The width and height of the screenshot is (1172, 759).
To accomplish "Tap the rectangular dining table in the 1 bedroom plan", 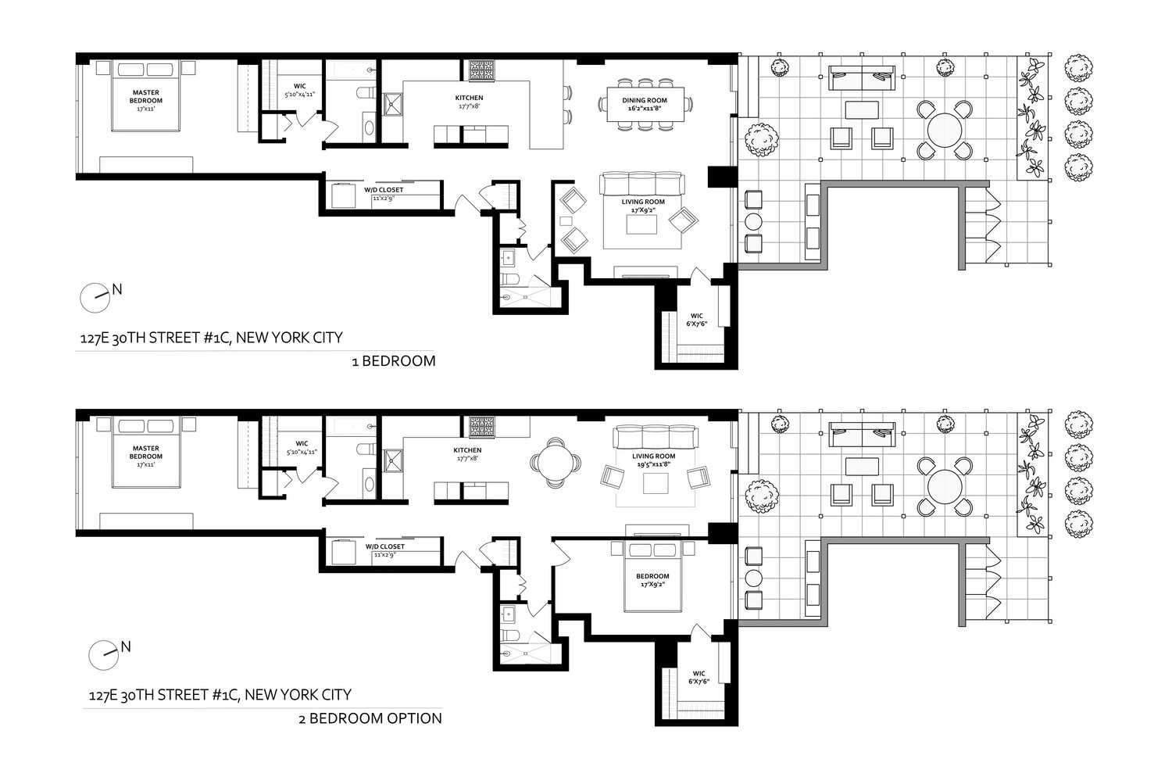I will pyautogui.click(x=645, y=104).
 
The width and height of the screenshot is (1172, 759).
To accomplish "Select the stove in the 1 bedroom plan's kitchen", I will pyautogui.click(x=481, y=71).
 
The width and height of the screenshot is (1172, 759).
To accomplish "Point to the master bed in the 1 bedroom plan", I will pyautogui.click(x=145, y=97).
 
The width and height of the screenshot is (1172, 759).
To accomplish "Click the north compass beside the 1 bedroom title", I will pyautogui.click(x=95, y=296).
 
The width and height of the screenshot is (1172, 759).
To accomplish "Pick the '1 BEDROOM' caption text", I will pyautogui.click(x=393, y=361).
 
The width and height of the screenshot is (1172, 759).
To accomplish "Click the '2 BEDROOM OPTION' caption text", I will pyautogui.click(x=370, y=718).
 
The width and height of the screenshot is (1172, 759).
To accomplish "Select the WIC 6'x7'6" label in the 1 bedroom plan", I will pyautogui.click(x=697, y=320).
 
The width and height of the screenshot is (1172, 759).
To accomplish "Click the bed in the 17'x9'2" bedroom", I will pyautogui.click(x=655, y=576).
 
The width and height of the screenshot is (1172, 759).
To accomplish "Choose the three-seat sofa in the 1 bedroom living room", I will pyautogui.click(x=641, y=184).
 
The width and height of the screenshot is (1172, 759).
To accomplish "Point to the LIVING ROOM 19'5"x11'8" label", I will pyautogui.click(x=654, y=460).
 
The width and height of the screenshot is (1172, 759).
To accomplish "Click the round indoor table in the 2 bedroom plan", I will pyautogui.click(x=556, y=462).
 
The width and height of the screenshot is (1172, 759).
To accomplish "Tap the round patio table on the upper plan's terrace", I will pyautogui.click(x=944, y=130).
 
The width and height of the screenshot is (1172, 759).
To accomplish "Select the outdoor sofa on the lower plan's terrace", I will pyautogui.click(x=862, y=434).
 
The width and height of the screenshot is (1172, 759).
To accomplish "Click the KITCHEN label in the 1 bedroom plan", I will pyautogui.click(x=469, y=102).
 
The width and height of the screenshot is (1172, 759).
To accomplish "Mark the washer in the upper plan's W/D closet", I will pyautogui.click(x=344, y=195).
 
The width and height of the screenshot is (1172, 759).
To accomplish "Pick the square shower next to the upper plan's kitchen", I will pyautogui.click(x=392, y=105).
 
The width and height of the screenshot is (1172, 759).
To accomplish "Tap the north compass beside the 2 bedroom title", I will pyautogui.click(x=103, y=654).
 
